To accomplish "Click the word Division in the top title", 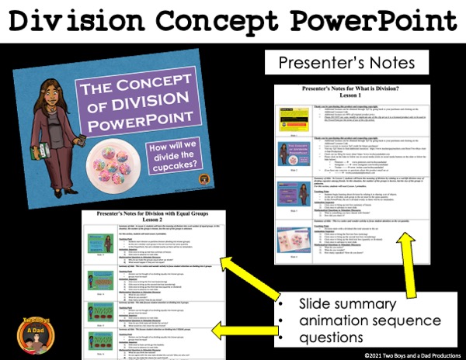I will point(90,22).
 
